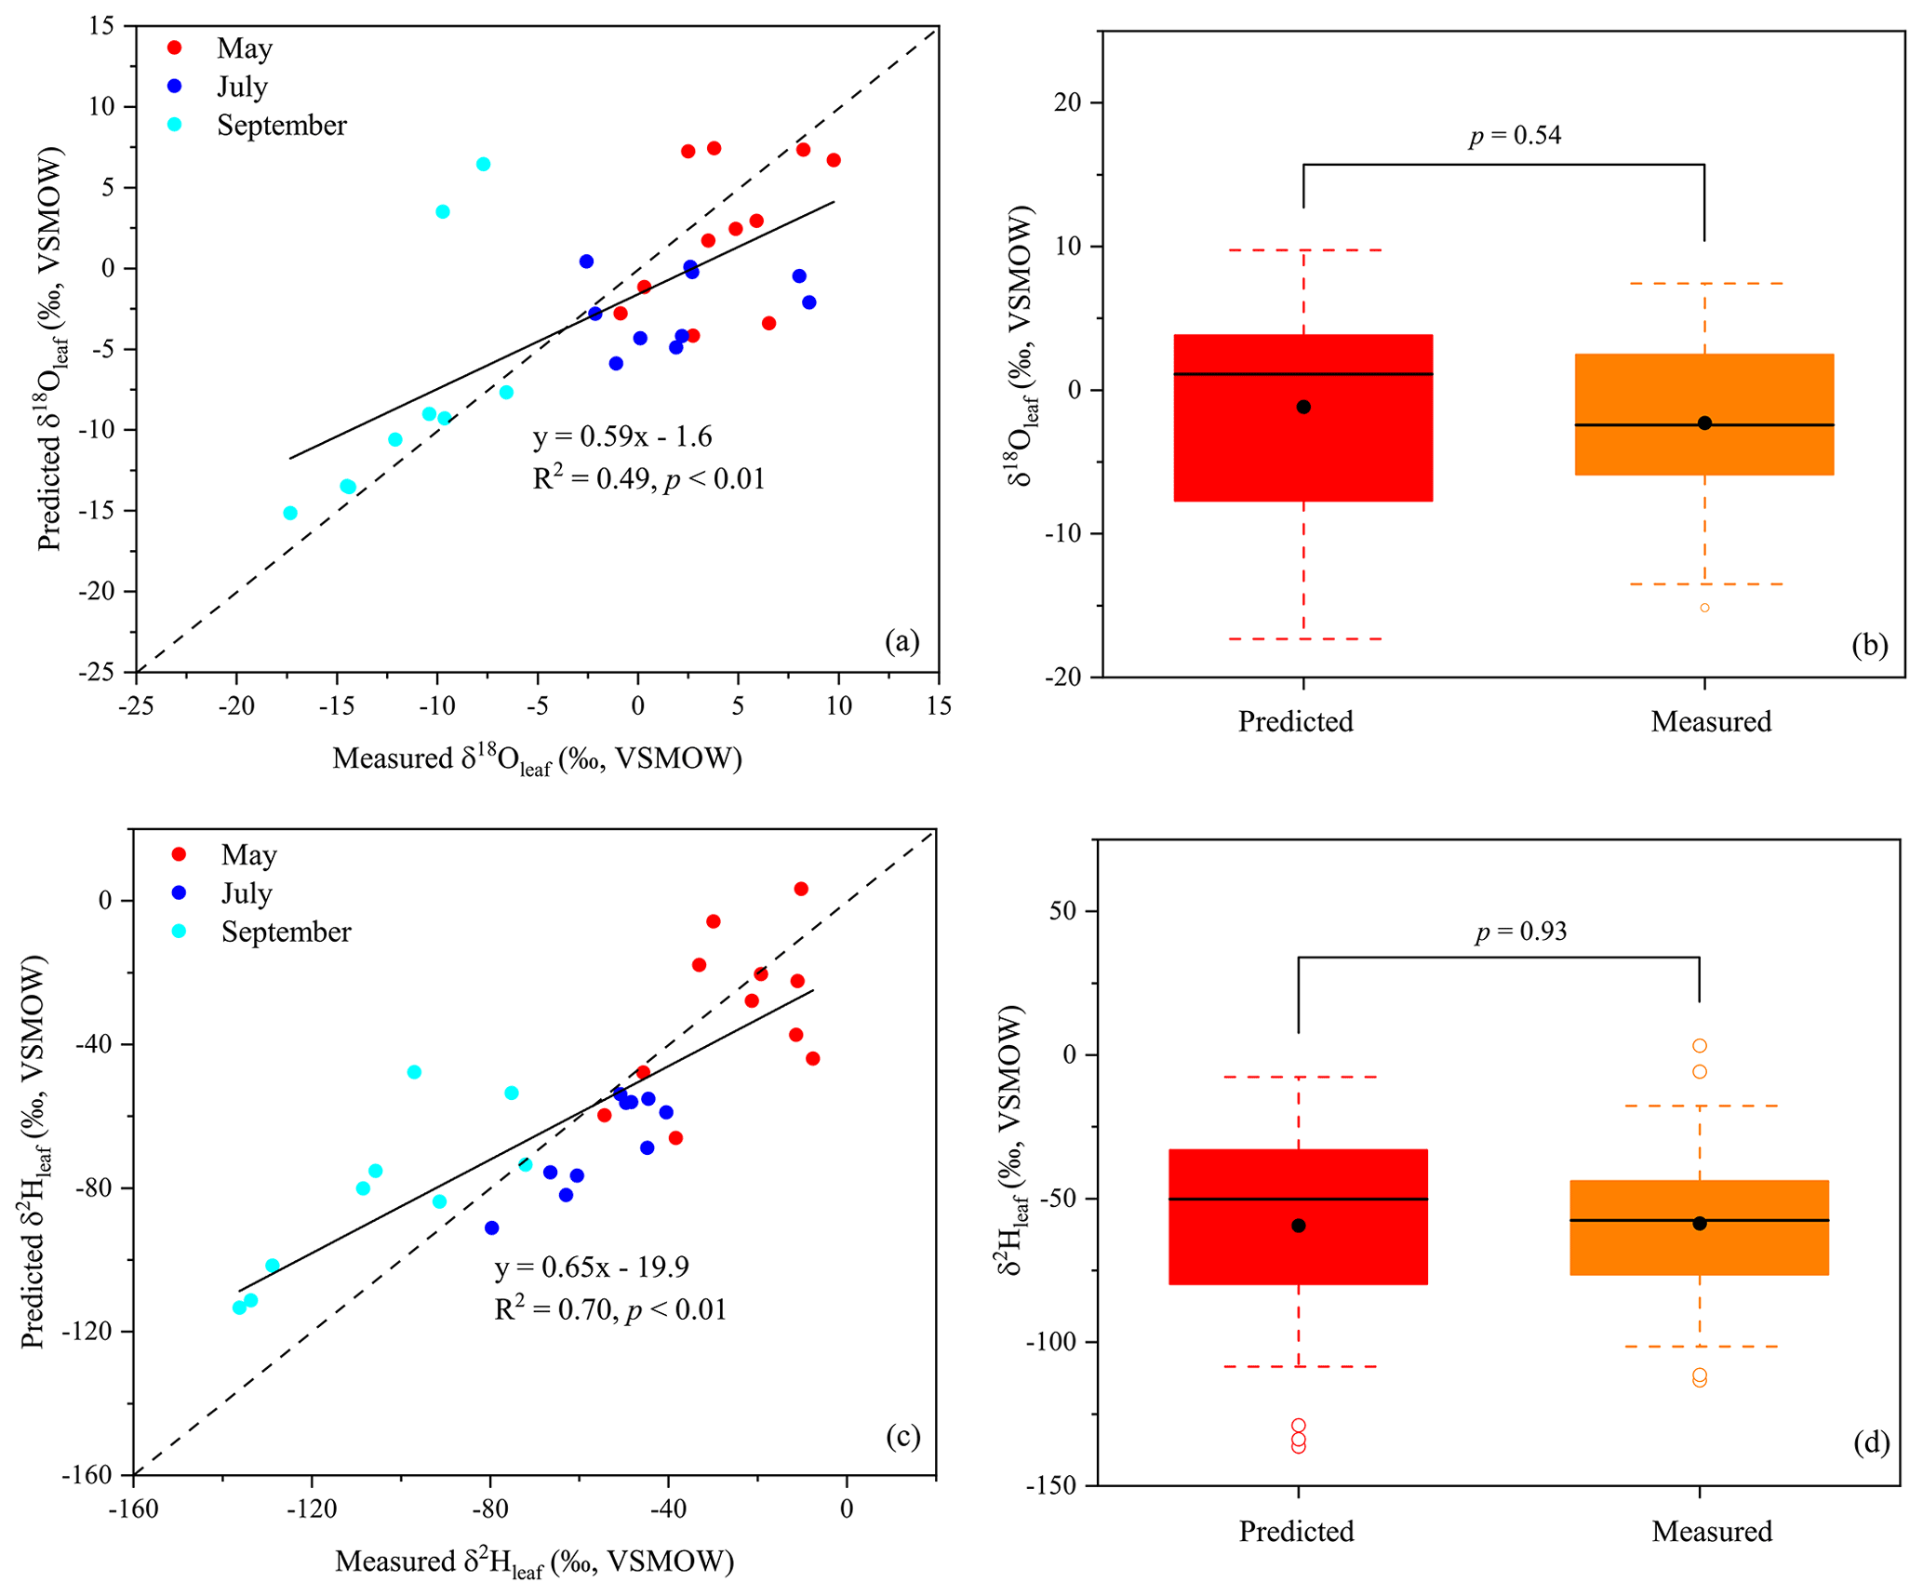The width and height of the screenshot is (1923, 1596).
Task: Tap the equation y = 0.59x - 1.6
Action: [x=621, y=436]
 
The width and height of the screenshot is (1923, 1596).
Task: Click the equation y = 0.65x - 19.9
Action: [x=591, y=1267]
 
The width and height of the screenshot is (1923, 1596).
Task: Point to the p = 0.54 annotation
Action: [x=1515, y=136]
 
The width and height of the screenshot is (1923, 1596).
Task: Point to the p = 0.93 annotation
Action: [x=1520, y=932]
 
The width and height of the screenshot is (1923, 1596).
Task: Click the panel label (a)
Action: [x=901, y=641]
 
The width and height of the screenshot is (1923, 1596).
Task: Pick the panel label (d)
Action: [x=1871, y=1442]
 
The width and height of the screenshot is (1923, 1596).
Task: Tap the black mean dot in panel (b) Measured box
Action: [x=1704, y=423]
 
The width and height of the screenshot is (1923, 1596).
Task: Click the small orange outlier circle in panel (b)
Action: [x=1704, y=608]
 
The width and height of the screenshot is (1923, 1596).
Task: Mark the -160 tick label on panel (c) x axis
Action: [x=133, y=1509]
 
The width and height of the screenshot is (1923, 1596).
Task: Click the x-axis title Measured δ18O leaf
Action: [x=537, y=759]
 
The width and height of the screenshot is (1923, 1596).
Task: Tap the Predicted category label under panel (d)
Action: [x=1296, y=1532]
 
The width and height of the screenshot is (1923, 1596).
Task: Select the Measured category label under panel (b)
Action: [x=1711, y=721]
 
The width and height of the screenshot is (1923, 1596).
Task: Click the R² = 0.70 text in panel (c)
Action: [x=609, y=1309]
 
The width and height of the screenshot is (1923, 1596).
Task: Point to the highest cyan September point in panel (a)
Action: [x=483, y=165]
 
